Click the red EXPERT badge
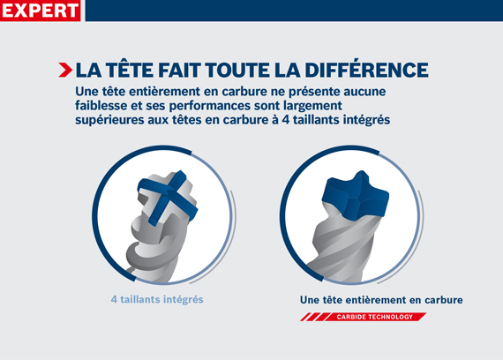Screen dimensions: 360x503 tap(41, 11)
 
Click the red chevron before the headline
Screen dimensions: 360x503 tap(65, 70)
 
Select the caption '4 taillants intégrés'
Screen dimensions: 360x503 tap(156, 300)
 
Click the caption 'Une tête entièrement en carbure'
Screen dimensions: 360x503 tap(381, 300)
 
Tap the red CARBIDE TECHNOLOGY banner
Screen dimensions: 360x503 tap(380, 315)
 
